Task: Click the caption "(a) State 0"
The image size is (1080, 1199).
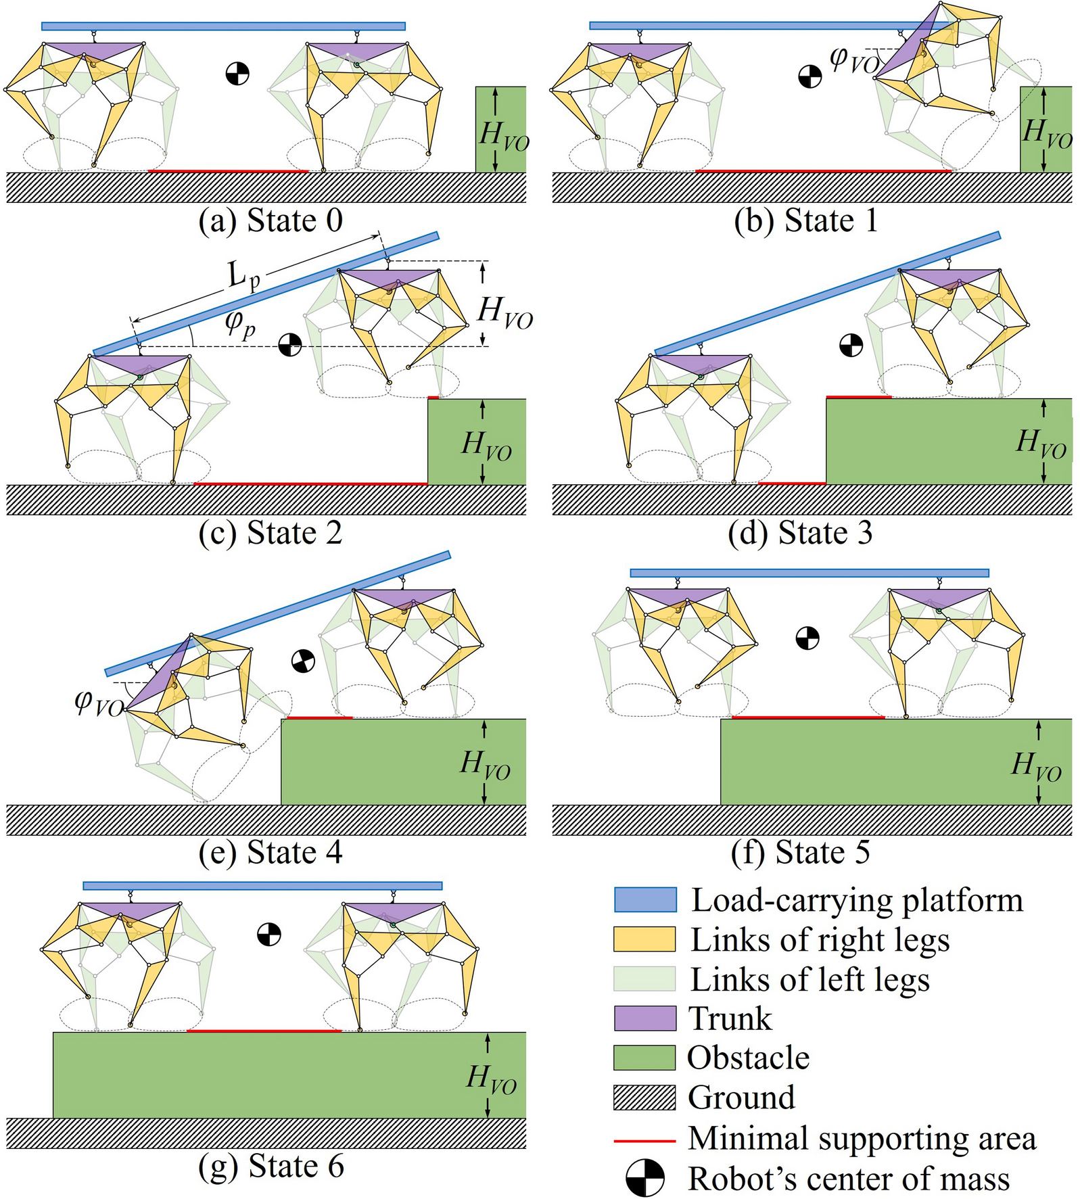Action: point(271,221)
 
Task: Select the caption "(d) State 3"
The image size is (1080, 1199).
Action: point(800,533)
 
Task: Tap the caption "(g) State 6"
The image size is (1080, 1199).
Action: point(271,1166)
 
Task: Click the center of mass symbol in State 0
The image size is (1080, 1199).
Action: point(237,73)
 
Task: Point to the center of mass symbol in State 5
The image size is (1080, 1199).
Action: point(807,638)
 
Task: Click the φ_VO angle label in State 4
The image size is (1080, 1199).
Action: point(99,703)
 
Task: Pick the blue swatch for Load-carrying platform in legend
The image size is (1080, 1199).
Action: point(644,900)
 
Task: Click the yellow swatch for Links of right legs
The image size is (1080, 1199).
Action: point(644,939)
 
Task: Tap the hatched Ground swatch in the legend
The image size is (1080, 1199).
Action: point(644,1098)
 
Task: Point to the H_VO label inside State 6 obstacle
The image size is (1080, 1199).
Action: point(492,1079)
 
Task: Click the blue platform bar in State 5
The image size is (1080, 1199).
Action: point(809,573)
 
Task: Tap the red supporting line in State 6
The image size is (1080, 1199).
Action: point(264,1031)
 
